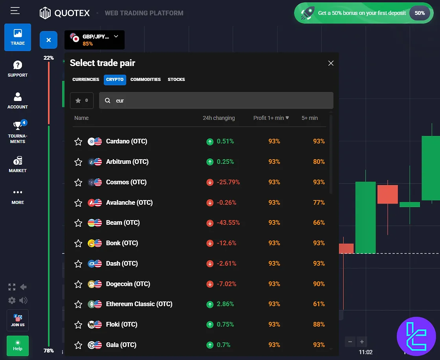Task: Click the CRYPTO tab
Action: [115, 79]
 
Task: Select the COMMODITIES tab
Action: [145, 79]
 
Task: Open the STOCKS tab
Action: [176, 79]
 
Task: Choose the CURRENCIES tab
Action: [86, 79]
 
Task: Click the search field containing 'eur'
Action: [216, 101]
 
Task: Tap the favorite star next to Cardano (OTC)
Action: [78, 141]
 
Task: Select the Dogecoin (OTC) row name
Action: [128, 284]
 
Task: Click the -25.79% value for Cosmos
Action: [228, 182]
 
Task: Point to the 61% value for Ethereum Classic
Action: [319, 304]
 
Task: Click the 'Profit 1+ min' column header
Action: [271, 118]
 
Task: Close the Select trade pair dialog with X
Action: [331, 63]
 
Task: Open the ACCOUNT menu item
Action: [18, 101]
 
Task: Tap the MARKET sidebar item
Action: [18, 164]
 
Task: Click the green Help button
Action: [18, 345]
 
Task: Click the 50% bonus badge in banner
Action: [420, 13]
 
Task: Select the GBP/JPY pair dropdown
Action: [94, 40]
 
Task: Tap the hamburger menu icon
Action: [15, 11]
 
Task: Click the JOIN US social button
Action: [18, 320]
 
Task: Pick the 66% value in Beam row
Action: [319, 222]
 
